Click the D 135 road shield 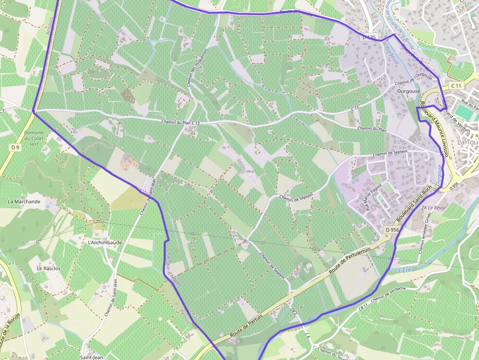tap(370, 37)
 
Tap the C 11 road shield tap(456, 85)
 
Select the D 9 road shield tap(15, 147)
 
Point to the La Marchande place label tap(24, 201)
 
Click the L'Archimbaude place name tap(105, 242)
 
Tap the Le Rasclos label tap(48, 268)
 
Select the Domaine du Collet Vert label tap(34, 138)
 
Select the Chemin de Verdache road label tap(389, 294)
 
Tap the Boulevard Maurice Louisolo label tap(435, 129)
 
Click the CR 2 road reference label tap(294, 311)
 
